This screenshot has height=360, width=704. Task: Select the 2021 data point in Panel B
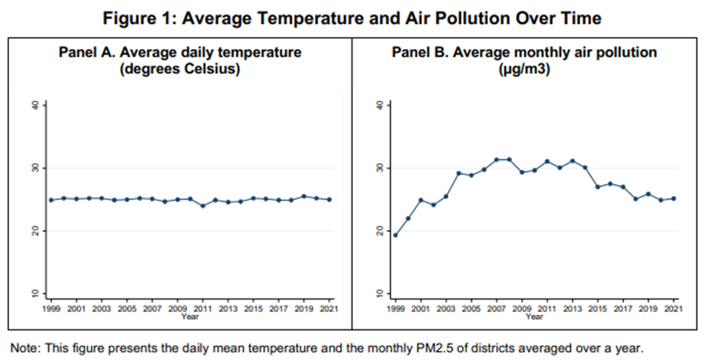coord(673,198)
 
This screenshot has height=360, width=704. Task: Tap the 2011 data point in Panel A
coord(202,206)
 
